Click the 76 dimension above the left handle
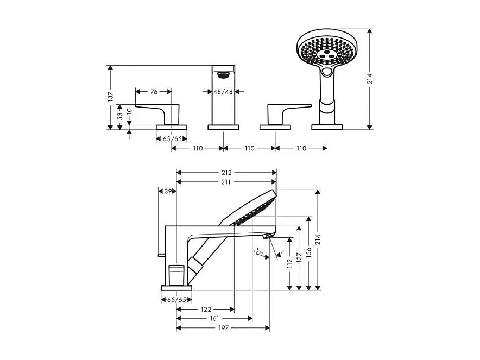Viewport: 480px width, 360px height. [154, 92]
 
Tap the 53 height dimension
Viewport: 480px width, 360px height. [120, 116]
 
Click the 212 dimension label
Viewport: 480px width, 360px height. [226, 173]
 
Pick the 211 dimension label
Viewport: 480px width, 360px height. [226, 182]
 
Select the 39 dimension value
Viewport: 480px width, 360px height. [168, 191]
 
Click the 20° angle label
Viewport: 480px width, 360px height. [258, 251]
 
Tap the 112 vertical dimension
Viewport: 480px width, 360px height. [290, 263]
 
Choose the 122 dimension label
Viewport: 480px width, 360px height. [205, 310]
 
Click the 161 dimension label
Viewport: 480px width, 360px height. [214, 319]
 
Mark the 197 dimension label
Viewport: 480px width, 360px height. [223, 328]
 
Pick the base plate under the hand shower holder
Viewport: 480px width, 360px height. [327, 127]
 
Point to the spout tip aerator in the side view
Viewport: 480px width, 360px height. [267, 236]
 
